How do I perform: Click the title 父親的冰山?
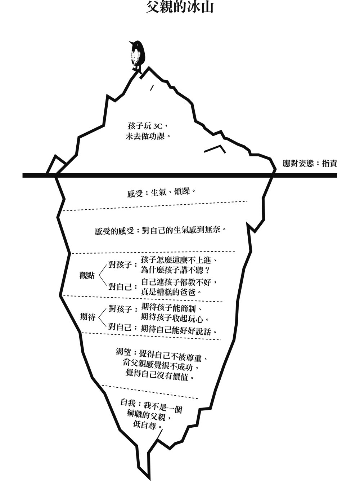(x=180, y=7)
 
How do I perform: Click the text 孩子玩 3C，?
(x=148, y=126)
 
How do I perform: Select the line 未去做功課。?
(x=148, y=137)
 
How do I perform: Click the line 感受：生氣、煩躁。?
(x=162, y=193)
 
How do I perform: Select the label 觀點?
(x=87, y=276)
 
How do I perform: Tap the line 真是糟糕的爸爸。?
(x=171, y=291)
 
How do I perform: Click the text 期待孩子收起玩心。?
(x=175, y=318)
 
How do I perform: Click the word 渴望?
(x=123, y=352)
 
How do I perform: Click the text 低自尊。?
(x=148, y=425)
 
